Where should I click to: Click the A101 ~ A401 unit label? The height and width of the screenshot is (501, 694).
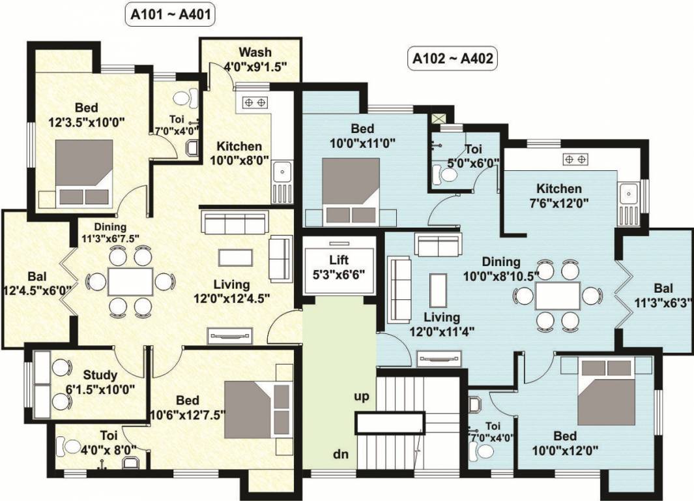coord(170,15)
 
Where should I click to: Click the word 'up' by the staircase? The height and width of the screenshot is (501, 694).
coord(362,396)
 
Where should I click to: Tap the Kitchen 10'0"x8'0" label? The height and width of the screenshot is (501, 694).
coord(239,153)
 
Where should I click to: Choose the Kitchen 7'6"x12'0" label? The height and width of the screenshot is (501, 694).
coord(555,196)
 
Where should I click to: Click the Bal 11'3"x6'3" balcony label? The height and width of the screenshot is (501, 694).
coord(663,296)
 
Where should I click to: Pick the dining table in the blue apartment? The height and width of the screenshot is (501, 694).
coord(558,296)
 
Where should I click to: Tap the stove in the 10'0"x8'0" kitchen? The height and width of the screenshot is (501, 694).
coord(255,102)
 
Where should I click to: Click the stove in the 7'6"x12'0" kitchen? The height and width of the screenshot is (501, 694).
coord(577,159)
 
